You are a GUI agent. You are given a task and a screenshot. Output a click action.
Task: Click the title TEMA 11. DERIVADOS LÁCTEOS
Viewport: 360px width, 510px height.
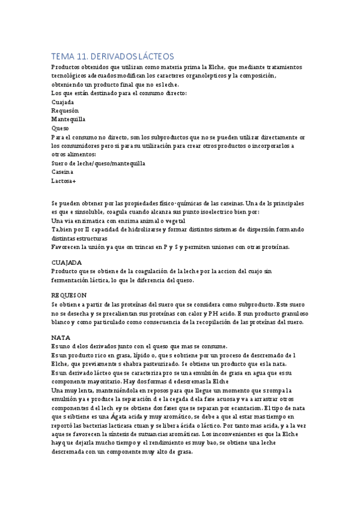[112, 56]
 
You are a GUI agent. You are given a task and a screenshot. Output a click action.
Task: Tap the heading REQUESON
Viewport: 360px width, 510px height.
[70, 295]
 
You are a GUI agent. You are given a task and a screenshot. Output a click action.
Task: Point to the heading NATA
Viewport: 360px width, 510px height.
[61, 337]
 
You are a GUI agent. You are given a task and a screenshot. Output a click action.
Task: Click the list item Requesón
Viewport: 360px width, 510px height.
[66, 111]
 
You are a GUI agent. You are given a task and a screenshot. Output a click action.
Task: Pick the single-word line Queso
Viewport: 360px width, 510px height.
[60, 128]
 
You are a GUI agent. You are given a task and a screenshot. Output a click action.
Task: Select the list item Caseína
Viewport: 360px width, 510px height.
[64, 171]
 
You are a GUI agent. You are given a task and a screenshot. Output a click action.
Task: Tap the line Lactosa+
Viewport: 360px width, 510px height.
[64, 180]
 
